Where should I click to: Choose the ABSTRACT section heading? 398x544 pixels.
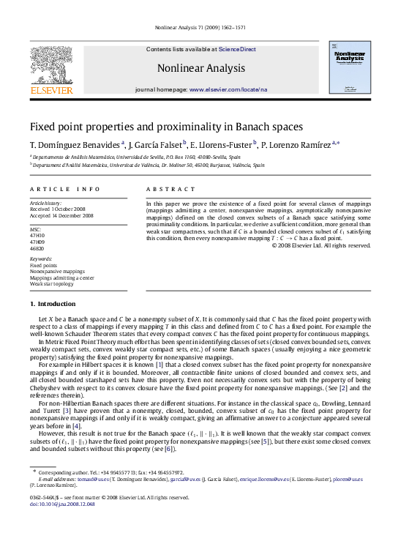(x=165, y=188)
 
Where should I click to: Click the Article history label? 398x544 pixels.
(x=45, y=201)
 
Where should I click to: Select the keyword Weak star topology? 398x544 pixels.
(x=53, y=283)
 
